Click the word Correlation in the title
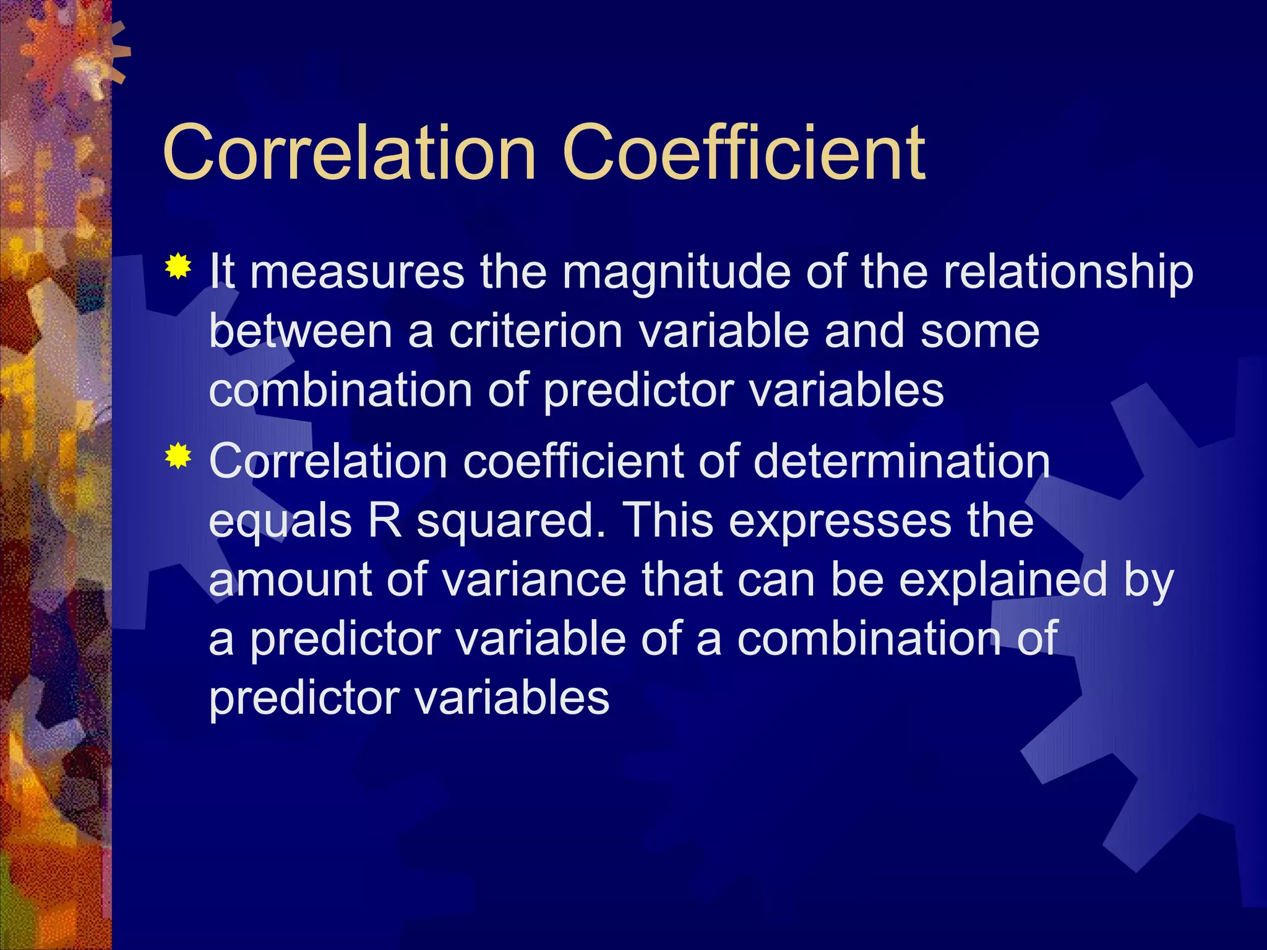(x=348, y=152)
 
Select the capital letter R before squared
(x=385, y=521)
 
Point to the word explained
(x=1003, y=581)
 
